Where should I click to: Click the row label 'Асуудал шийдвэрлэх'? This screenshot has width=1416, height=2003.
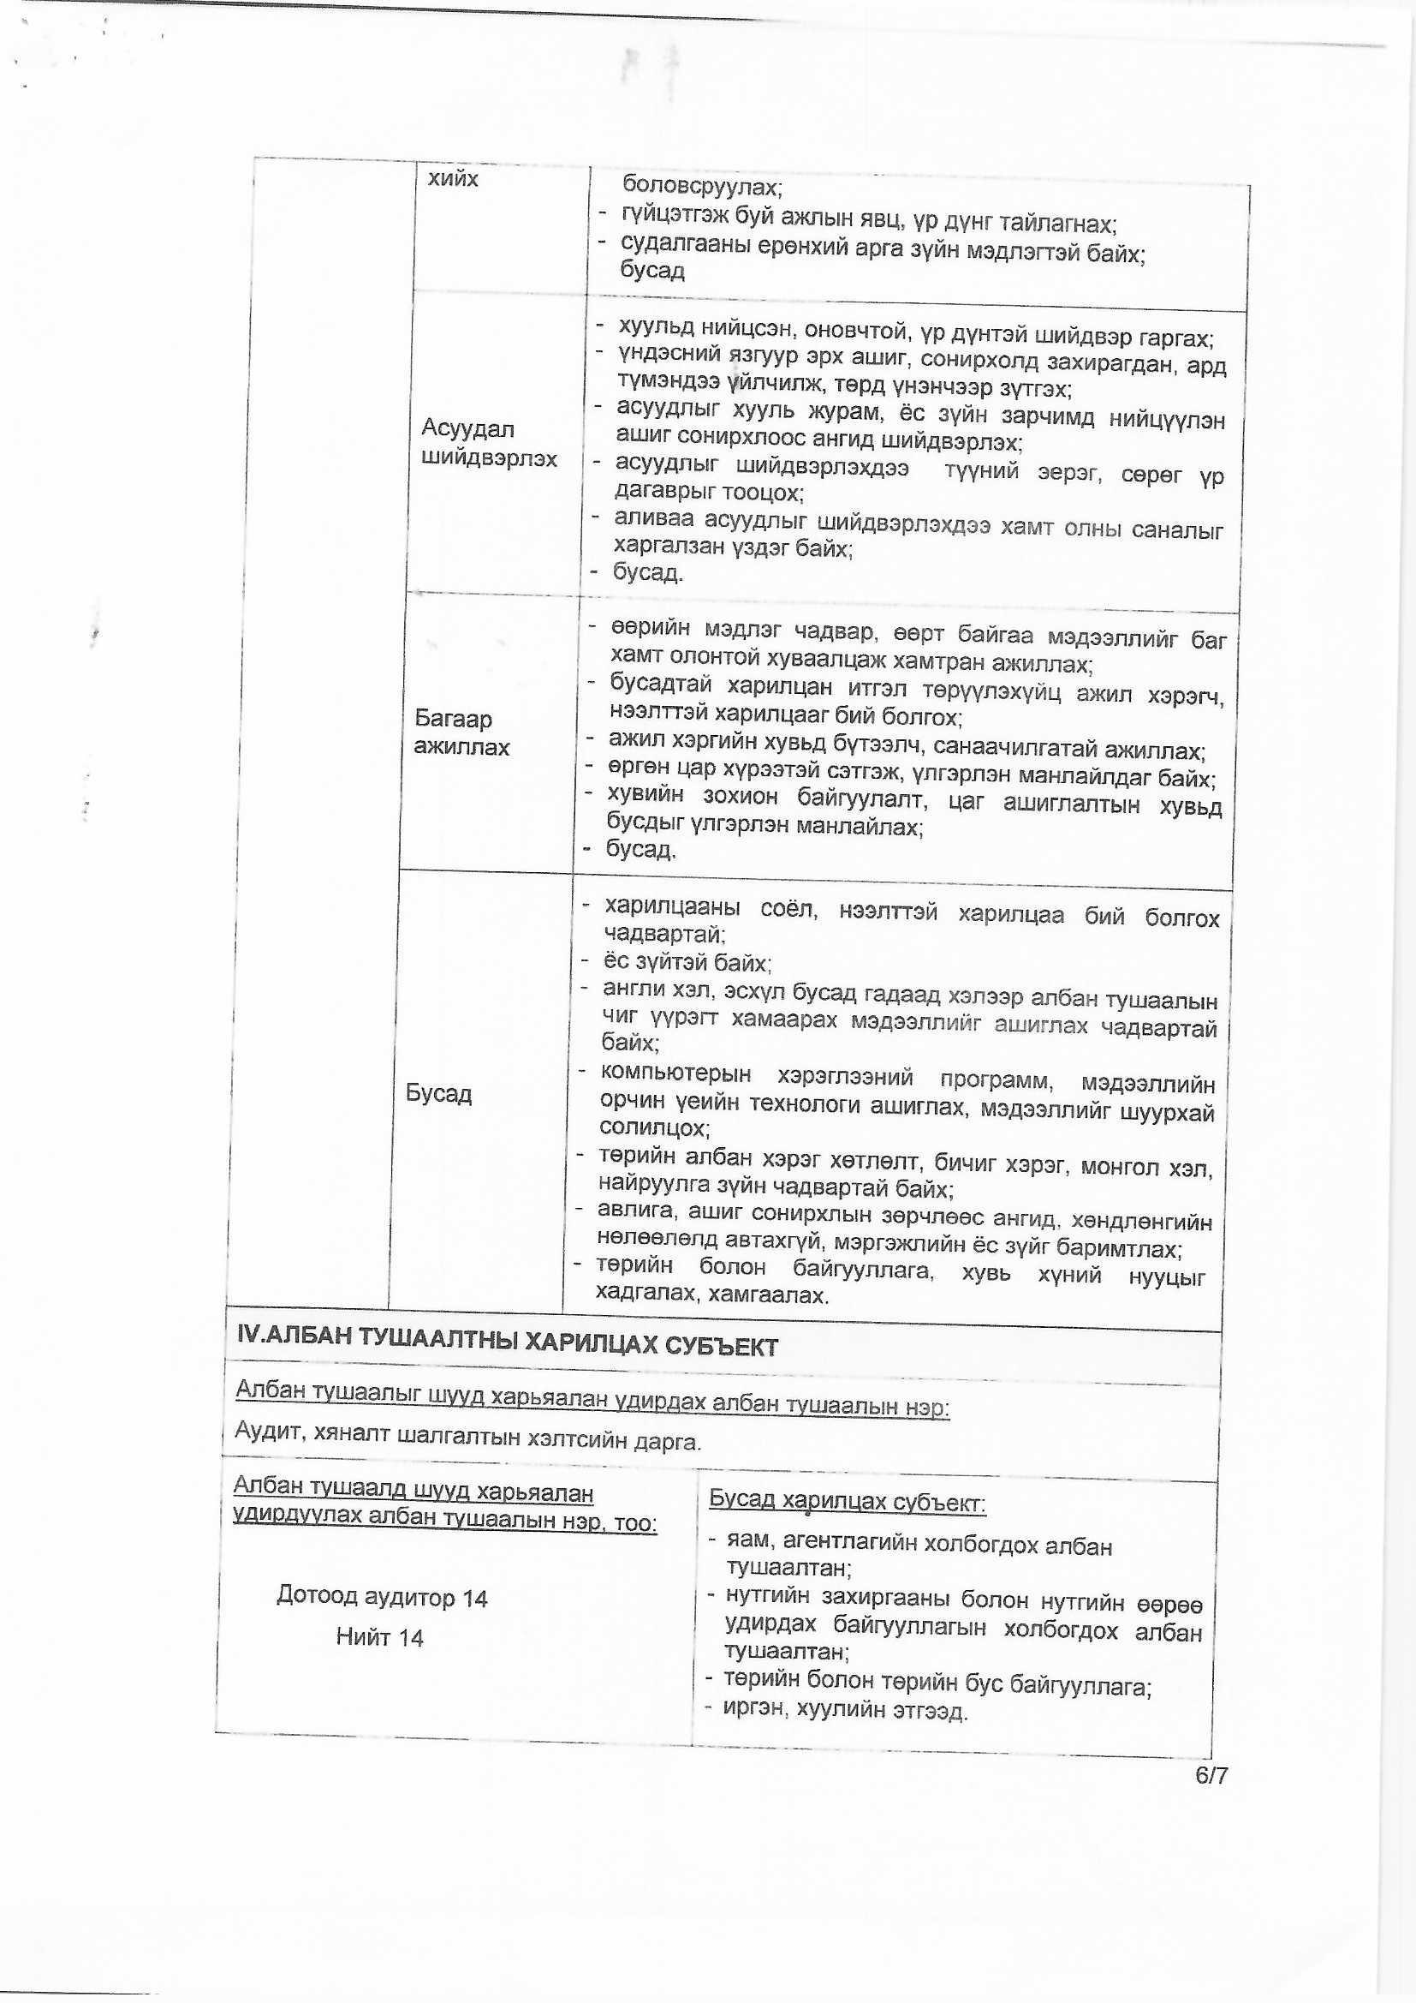(487, 443)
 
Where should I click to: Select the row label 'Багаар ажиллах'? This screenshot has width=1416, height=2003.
(462, 732)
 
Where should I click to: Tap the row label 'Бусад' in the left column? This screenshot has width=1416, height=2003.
(438, 1093)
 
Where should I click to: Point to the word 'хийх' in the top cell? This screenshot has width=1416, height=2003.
(454, 179)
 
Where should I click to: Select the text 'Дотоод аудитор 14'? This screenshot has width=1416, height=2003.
(382, 1597)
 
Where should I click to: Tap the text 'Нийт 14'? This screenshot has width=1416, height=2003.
(379, 1637)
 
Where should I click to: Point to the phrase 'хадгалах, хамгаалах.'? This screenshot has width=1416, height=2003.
(711, 1294)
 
